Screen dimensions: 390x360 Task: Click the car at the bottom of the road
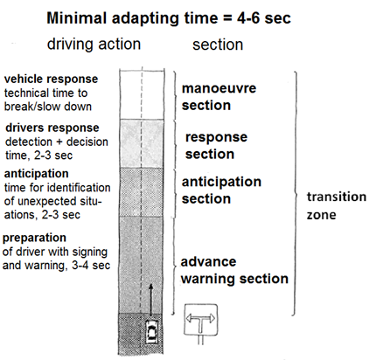(152, 331)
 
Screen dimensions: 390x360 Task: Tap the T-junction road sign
(201, 320)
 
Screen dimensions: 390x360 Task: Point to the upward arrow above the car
(150, 300)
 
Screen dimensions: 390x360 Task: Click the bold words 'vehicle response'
(51, 80)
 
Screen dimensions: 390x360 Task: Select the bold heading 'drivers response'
(52, 128)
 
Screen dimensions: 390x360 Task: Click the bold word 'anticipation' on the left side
(37, 174)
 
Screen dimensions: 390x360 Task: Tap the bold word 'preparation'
(34, 238)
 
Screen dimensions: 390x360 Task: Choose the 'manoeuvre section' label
(219, 97)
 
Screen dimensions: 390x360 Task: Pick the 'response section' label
(216, 145)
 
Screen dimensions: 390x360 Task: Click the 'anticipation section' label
(221, 190)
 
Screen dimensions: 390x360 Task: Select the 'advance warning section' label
(234, 270)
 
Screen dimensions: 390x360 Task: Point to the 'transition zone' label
(337, 205)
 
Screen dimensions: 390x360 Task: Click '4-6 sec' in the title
(263, 18)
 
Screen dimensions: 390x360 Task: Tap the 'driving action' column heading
(94, 45)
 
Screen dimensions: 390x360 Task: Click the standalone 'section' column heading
(218, 45)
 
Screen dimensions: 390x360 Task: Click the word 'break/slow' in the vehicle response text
(32, 107)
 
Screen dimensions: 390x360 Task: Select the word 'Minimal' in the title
(77, 18)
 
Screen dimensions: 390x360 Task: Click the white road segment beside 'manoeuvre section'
(142, 94)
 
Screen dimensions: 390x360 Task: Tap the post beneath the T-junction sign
(200, 340)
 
